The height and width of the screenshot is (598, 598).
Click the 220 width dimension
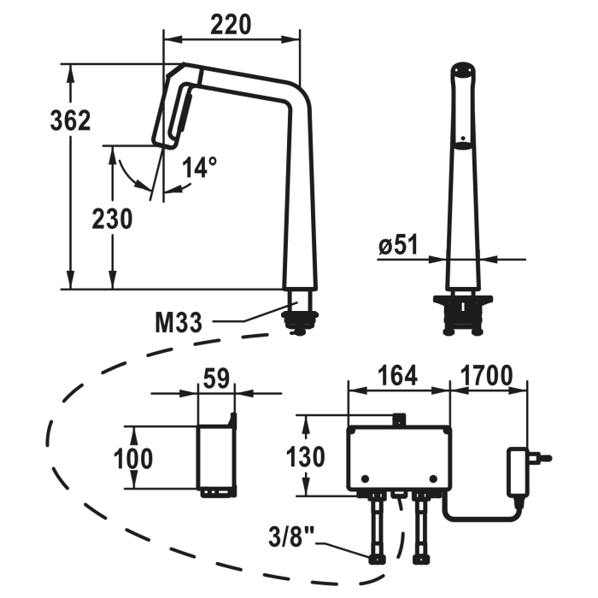point(232,25)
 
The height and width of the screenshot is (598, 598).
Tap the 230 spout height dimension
point(112,219)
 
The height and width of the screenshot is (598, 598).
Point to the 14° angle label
point(198,168)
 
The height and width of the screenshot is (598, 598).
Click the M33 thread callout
point(179,322)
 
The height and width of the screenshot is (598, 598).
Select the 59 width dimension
point(216,378)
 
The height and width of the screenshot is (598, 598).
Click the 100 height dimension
point(133,458)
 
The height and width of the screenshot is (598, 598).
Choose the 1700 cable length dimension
point(486,376)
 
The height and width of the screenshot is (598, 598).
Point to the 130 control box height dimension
point(305,456)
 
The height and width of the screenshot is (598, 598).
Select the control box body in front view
point(399,458)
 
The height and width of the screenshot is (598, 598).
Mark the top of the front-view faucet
point(462,73)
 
